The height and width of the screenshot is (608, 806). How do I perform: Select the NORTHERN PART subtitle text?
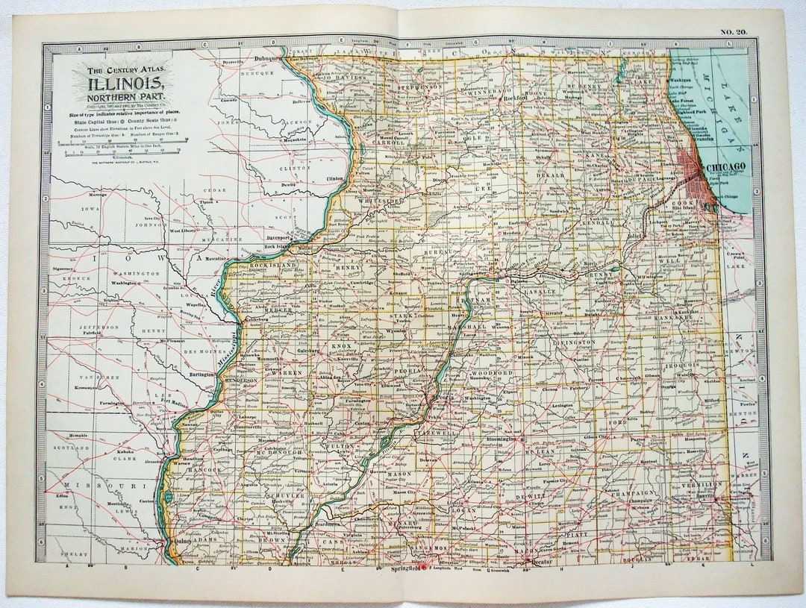[x=125, y=97]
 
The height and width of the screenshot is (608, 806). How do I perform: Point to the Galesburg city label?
[x=307, y=348]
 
